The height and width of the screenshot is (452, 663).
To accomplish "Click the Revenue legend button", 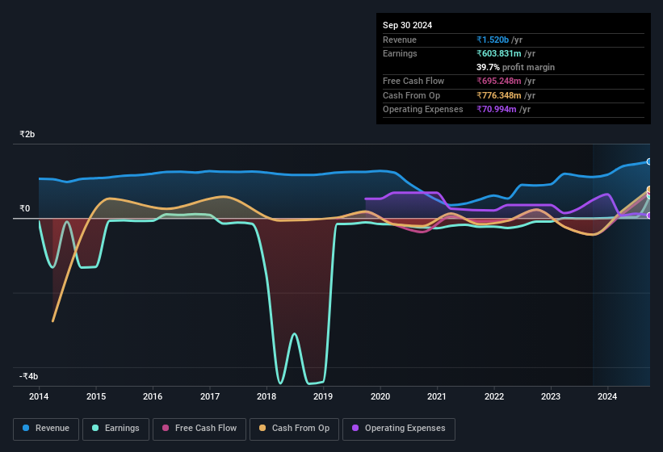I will point(46,429).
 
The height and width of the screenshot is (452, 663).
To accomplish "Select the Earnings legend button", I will point(115,429).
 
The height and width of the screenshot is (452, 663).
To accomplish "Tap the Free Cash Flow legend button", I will point(199,429).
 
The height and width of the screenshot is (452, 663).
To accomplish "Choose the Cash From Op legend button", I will point(294,429).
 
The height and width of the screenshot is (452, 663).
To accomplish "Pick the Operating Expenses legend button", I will point(398,429).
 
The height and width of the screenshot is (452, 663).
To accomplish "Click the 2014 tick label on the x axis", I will point(39,396).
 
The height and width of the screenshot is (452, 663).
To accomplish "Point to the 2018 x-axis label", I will point(266,396).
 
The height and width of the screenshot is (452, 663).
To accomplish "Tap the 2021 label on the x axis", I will point(437,396).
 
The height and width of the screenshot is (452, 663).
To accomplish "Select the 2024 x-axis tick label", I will point(607,396).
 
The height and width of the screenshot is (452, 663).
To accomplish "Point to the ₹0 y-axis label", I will point(25,209).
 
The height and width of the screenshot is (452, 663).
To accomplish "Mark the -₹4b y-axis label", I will point(29,376).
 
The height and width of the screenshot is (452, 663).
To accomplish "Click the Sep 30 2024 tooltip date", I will point(407,25).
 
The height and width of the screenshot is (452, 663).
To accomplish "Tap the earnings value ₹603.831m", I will point(506,53).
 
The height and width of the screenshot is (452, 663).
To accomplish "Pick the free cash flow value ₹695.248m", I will point(506,82).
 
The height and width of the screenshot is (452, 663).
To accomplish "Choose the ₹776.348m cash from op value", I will point(506,95).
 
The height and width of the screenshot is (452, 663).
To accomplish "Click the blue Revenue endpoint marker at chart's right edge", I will point(649,162).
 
